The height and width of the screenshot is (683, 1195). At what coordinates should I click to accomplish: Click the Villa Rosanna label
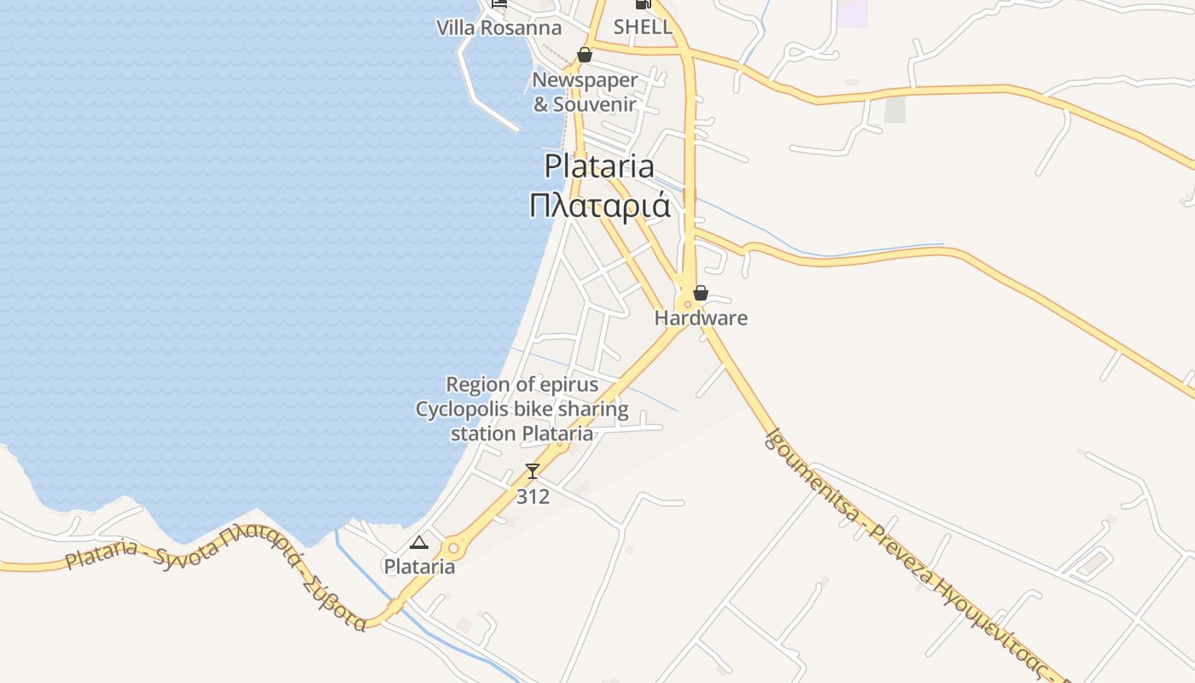(x=499, y=27)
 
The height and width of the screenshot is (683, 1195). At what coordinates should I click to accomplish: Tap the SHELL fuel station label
(x=643, y=26)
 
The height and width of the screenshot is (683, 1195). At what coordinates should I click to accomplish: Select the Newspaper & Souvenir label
(x=586, y=92)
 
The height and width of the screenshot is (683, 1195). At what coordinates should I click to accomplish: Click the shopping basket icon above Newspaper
(x=585, y=55)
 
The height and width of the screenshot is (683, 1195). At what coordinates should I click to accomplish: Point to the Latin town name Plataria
(x=599, y=166)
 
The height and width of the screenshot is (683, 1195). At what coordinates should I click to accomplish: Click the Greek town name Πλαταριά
(x=599, y=207)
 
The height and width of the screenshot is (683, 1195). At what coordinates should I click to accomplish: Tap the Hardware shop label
(x=701, y=318)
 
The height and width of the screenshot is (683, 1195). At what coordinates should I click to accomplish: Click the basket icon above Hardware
(x=701, y=293)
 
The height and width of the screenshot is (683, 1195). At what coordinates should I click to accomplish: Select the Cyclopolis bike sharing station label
(x=522, y=410)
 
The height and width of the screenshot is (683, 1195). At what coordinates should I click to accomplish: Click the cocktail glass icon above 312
(x=533, y=470)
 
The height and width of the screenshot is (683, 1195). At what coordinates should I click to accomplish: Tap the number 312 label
(x=533, y=496)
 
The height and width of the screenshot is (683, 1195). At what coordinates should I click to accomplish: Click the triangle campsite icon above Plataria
(x=418, y=542)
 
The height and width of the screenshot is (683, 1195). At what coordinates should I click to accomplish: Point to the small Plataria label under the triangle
(x=419, y=567)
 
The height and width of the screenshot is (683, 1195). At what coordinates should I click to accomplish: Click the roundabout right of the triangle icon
(x=452, y=548)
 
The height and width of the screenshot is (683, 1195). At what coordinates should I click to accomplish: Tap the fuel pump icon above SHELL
(x=643, y=4)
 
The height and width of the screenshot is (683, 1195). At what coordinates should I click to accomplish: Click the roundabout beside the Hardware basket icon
(x=686, y=304)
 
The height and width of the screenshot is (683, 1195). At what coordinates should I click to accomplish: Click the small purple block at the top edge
(x=852, y=13)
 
